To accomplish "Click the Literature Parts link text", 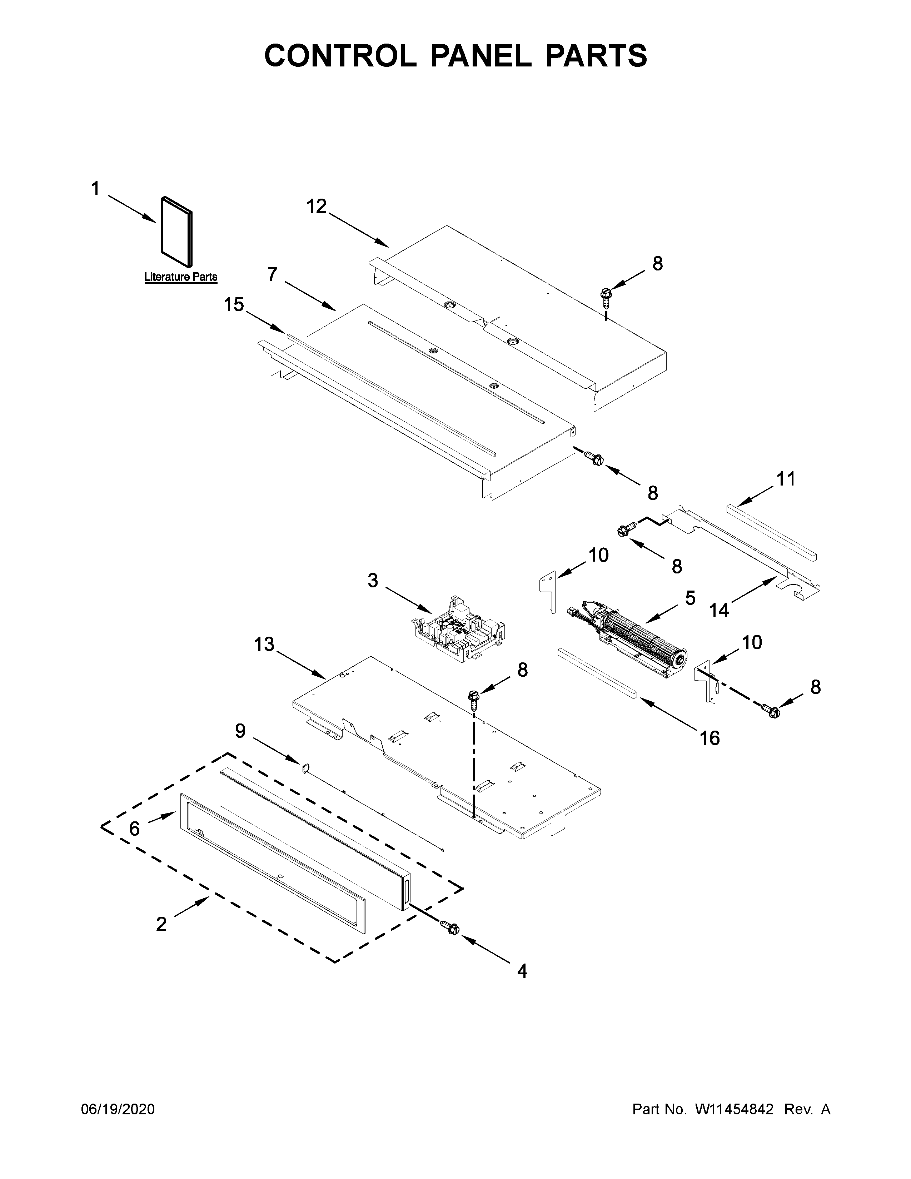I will (180, 277).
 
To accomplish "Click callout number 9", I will (240, 731).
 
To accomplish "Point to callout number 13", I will (264, 645).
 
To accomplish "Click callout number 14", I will (719, 611).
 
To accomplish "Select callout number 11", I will (786, 479).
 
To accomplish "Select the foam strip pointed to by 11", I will (772, 532).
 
